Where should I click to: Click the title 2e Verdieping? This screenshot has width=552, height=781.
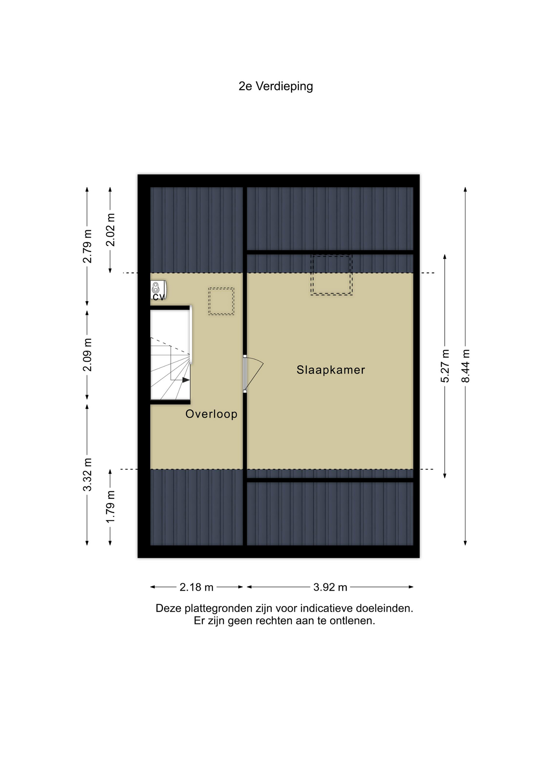coord(276,87)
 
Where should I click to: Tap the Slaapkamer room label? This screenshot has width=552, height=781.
coord(331,370)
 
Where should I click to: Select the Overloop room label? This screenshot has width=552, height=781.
coord(211,414)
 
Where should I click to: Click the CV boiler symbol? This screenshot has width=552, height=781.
coord(158,290)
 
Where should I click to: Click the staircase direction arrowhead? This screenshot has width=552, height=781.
coord(186,380)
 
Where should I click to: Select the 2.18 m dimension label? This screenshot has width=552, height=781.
coord(197,587)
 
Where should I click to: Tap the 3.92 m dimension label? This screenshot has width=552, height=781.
coord(330,587)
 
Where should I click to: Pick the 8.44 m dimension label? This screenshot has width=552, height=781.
coord(466,366)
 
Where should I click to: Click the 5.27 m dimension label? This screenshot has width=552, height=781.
coord(445,366)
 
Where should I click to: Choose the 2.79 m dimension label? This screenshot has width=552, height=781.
coord(87,246)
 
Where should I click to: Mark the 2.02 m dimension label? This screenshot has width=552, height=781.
coord(111,230)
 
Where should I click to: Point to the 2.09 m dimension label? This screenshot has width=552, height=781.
coord(87,355)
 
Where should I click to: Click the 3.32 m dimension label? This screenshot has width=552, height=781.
coord(87,474)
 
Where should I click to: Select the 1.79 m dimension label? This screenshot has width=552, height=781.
coord(111,507)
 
